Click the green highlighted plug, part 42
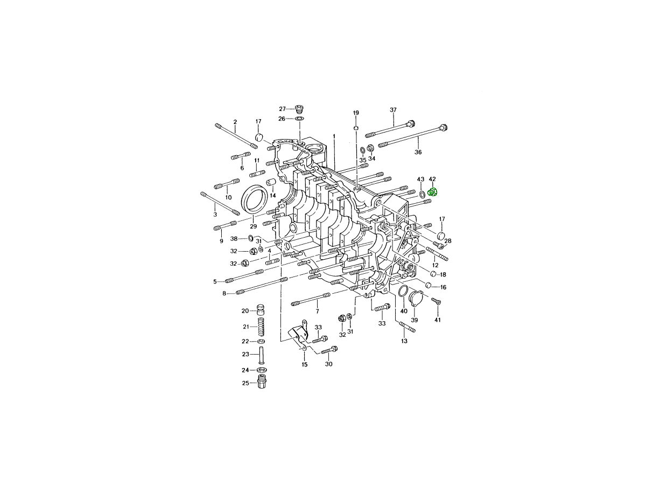click(433, 192)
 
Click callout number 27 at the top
click(282, 109)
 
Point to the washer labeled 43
click(422, 194)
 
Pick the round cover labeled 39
click(416, 299)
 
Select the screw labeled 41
click(436, 301)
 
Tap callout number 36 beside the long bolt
click(418, 152)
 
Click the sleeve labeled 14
click(271, 183)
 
